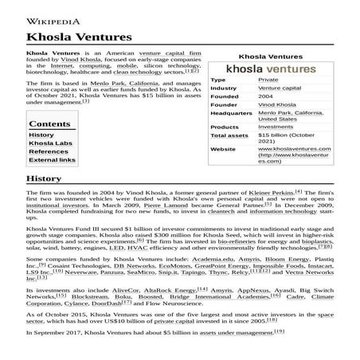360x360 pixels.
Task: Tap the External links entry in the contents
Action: click(53, 160)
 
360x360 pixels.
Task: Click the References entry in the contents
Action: click(49, 151)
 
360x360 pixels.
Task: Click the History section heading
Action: click(44, 178)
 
